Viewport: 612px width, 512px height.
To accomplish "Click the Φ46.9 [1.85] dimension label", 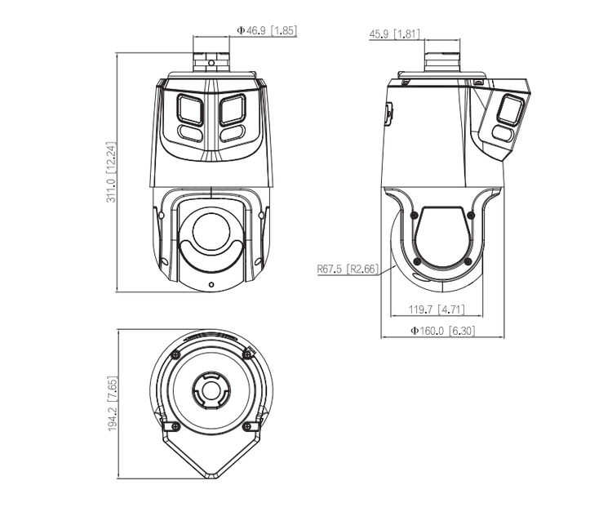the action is point(267,30).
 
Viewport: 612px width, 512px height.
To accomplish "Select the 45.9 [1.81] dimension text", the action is point(395,34).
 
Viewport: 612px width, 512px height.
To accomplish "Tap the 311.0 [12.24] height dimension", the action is point(111,171).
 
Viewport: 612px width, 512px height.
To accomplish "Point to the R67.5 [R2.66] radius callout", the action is point(348,269).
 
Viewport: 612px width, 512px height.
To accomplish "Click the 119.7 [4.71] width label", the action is point(437,309).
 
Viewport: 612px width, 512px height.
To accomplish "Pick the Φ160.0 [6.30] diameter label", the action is point(442,331).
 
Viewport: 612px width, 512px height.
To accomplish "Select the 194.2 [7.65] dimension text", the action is point(113,404).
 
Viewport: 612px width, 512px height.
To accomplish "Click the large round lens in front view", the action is point(211,232).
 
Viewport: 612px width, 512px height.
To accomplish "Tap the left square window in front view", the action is point(190,109).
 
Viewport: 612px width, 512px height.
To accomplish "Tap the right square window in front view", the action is point(233,109).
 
